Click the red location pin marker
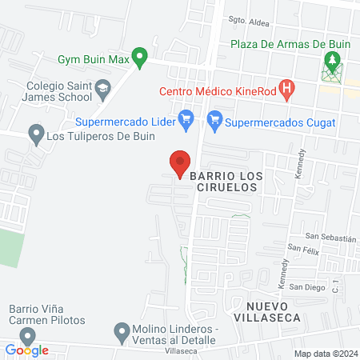click(180, 162)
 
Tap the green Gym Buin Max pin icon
click(140, 58)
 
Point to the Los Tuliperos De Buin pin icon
click(35, 134)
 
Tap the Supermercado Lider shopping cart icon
click(186, 122)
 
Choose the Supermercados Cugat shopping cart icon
click(214, 122)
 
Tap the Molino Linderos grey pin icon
click(122, 330)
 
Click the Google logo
click(27, 349)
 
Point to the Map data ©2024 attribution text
click(324, 354)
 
